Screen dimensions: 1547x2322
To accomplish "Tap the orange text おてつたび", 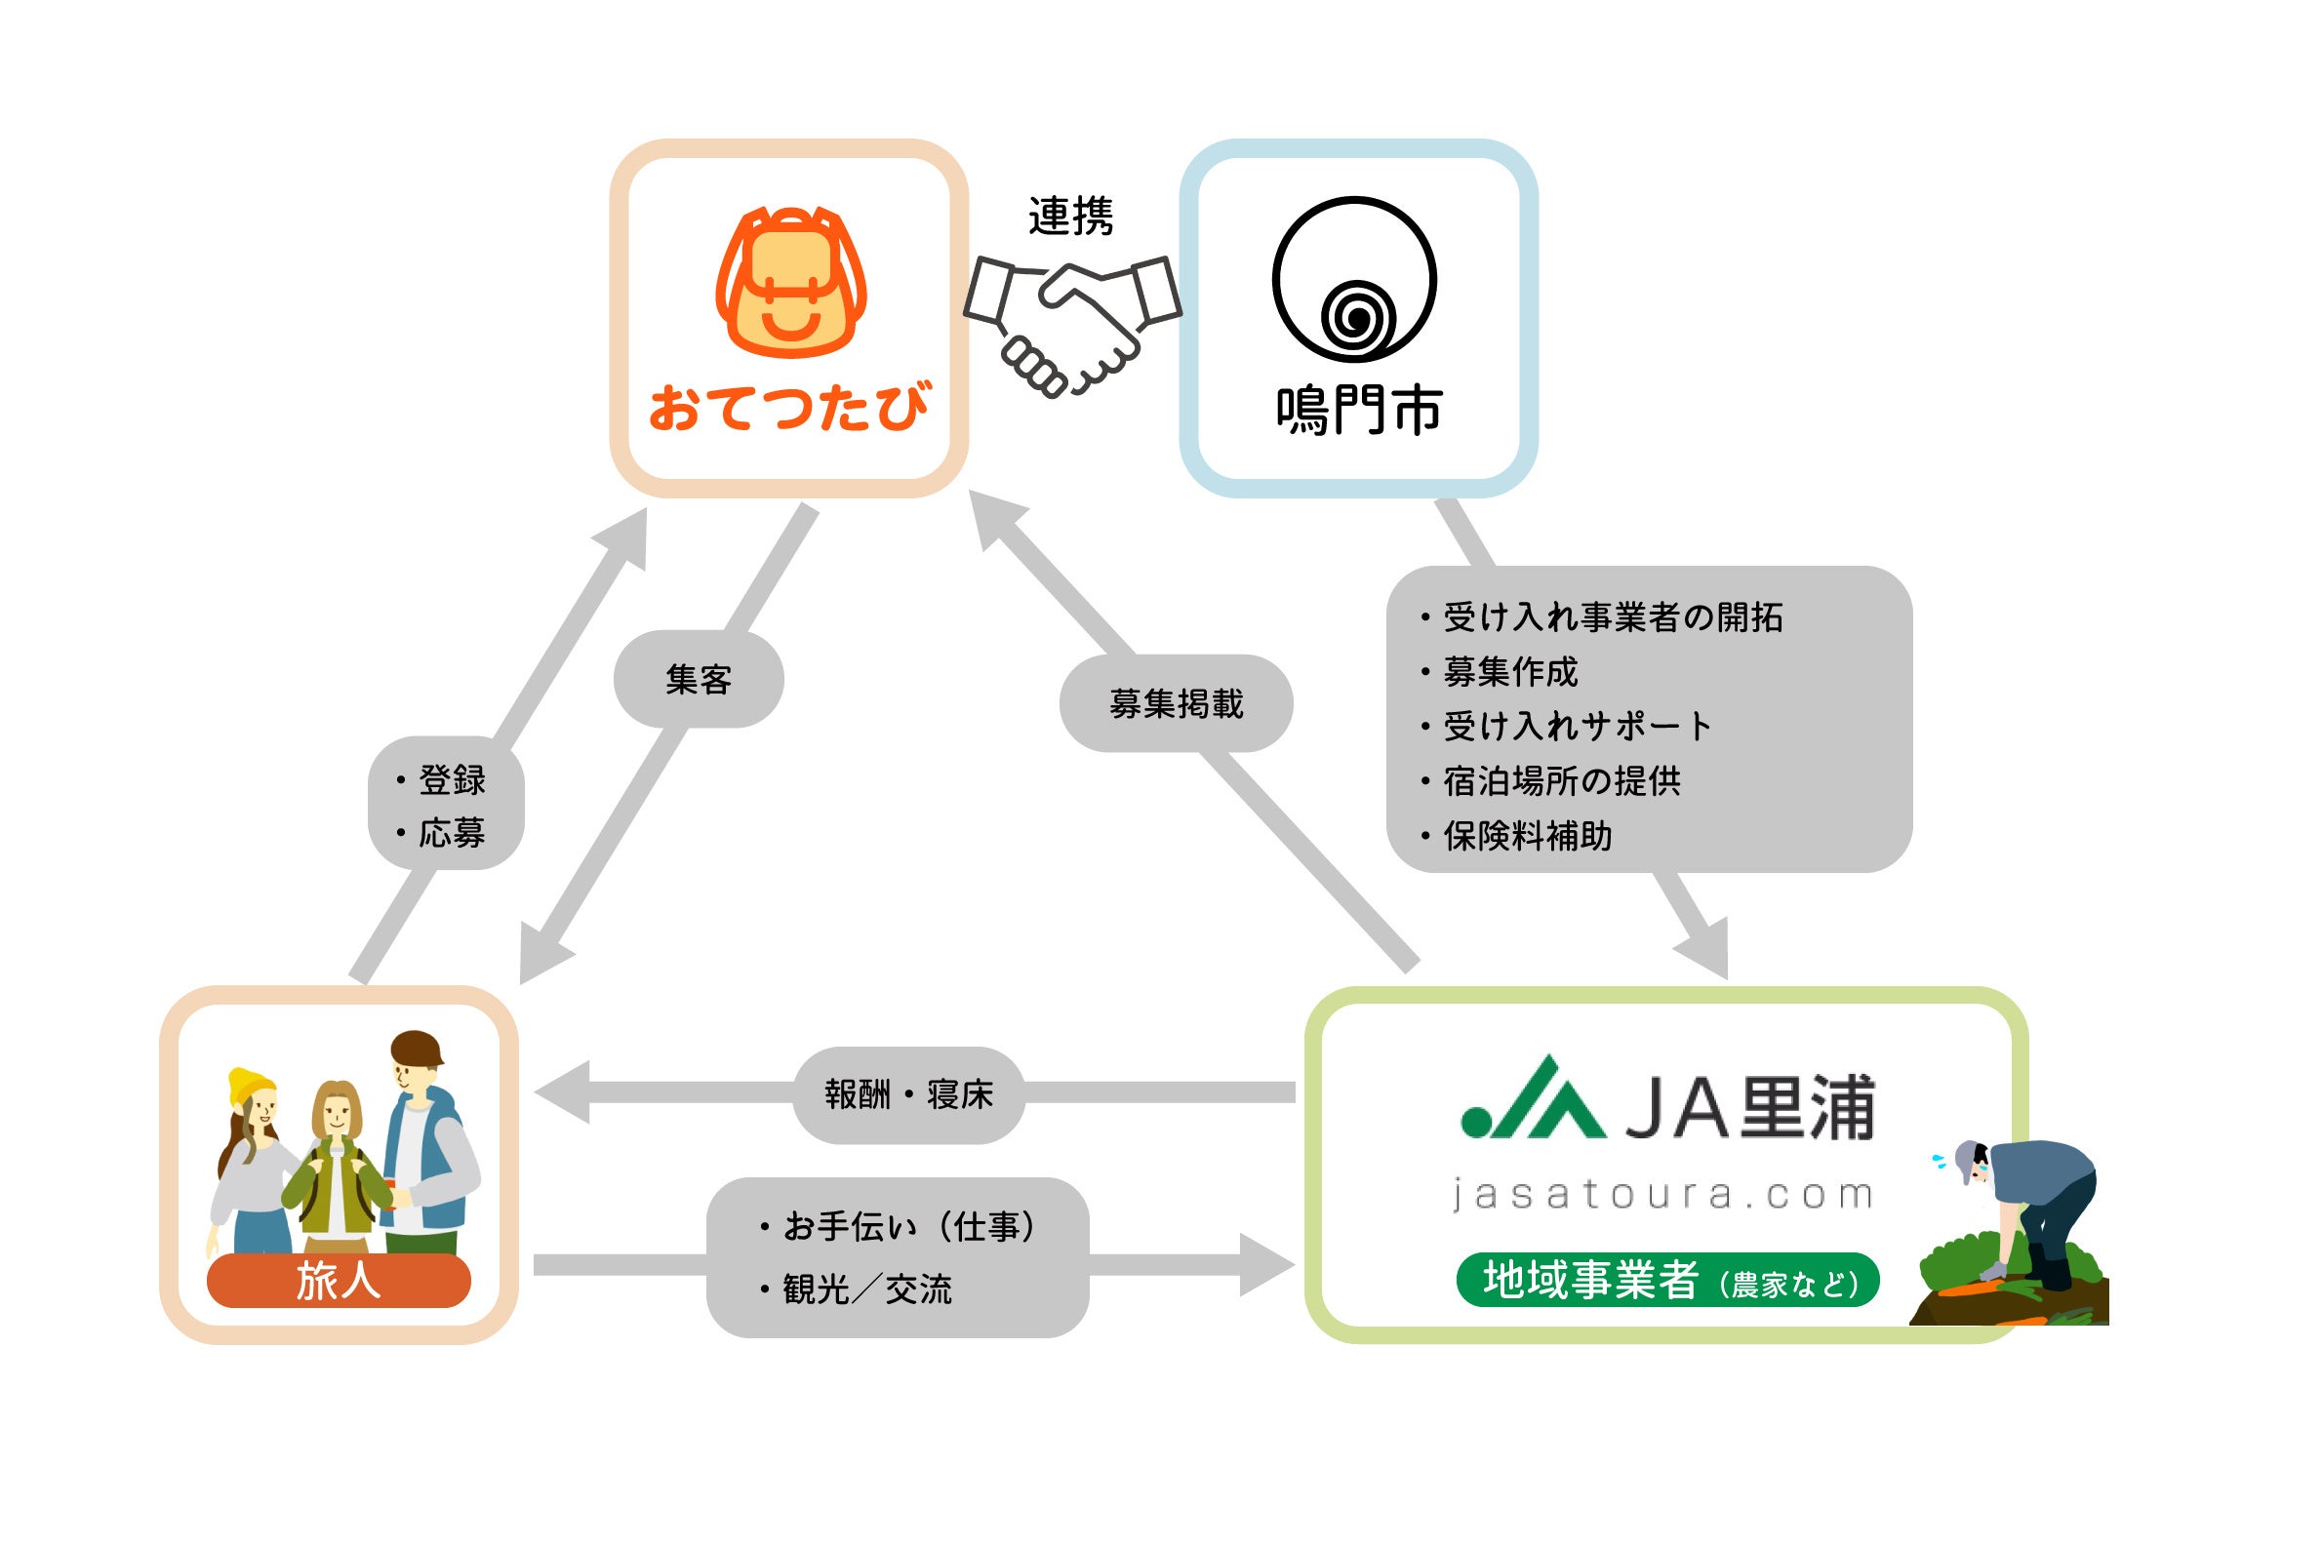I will click(x=788, y=408).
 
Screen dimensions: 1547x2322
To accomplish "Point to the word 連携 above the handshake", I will click(x=1070, y=217).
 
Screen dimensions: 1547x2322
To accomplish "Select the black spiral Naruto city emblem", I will click(x=1354, y=280).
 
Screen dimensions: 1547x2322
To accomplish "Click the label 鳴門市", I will click(x=1359, y=411).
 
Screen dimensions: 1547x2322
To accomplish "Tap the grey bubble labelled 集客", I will click(x=699, y=680).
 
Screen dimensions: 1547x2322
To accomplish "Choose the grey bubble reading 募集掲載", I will click(x=1176, y=703).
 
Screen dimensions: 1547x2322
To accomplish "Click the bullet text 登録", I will click(x=452, y=780).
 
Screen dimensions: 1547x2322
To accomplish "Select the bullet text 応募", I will click(x=452, y=834).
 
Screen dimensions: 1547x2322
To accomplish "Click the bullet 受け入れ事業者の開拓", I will click(x=1612, y=617).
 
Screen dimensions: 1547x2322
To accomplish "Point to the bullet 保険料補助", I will click(x=1527, y=837).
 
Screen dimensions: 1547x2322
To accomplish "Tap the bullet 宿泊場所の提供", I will click(x=1561, y=781).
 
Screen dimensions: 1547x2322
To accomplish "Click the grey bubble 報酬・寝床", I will click(x=909, y=1094).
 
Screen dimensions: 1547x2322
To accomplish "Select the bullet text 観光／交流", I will click(x=866, y=1289).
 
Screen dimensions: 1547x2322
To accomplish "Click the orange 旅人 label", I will click(x=339, y=1281).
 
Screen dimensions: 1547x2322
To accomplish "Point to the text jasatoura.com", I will click(x=1663, y=1196).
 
